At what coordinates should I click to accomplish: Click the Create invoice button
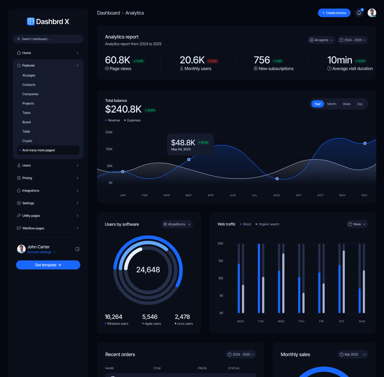(334, 13)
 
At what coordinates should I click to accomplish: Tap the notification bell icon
(359, 13)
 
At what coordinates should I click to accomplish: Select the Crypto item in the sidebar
(27, 141)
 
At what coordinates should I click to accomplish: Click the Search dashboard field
(48, 39)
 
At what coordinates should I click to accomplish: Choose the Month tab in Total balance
(332, 104)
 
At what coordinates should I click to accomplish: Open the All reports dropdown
(321, 40)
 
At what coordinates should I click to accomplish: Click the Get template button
(48, 265)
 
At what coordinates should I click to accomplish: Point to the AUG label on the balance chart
(276, 195)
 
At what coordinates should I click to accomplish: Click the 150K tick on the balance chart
(109, 149)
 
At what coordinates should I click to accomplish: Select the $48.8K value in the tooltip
(183, 143)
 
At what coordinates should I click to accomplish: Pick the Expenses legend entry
(133, 120)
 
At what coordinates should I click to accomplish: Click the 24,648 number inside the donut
(148, 270)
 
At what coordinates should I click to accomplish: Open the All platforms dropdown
(177, 224)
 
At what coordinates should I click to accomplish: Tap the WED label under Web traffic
(281, 321)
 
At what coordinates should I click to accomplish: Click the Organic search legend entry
(268, 224)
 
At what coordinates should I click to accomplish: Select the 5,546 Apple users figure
(150, 317)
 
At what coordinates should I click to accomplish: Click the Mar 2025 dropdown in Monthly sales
(353, 354)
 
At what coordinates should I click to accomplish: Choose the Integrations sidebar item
(31, 190)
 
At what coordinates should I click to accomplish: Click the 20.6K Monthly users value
(192, 60)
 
